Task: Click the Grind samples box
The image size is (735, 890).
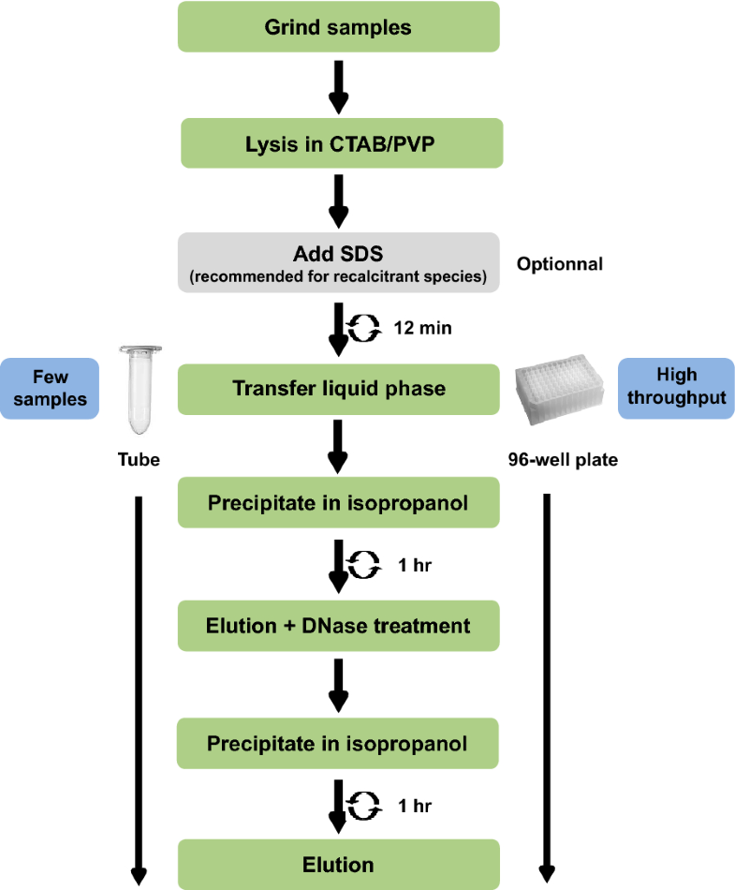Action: click(339, 27)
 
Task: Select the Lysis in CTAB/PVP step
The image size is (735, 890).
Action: click(339, 144)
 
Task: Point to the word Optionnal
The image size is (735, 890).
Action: click(560, 264)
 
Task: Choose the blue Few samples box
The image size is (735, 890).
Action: click(51, 388)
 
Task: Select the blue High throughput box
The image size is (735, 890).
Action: click(676, 388)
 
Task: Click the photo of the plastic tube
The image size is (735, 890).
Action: click(138, 390)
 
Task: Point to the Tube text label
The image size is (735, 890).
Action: click(138, 460)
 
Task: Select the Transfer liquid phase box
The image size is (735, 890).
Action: click(339, 388)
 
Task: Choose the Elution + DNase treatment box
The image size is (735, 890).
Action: click(339, 625)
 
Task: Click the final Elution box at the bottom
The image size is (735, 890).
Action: click(339, 865)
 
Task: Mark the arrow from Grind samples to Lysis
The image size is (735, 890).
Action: click(339, 85)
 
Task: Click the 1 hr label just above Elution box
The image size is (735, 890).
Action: click(414, 805)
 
